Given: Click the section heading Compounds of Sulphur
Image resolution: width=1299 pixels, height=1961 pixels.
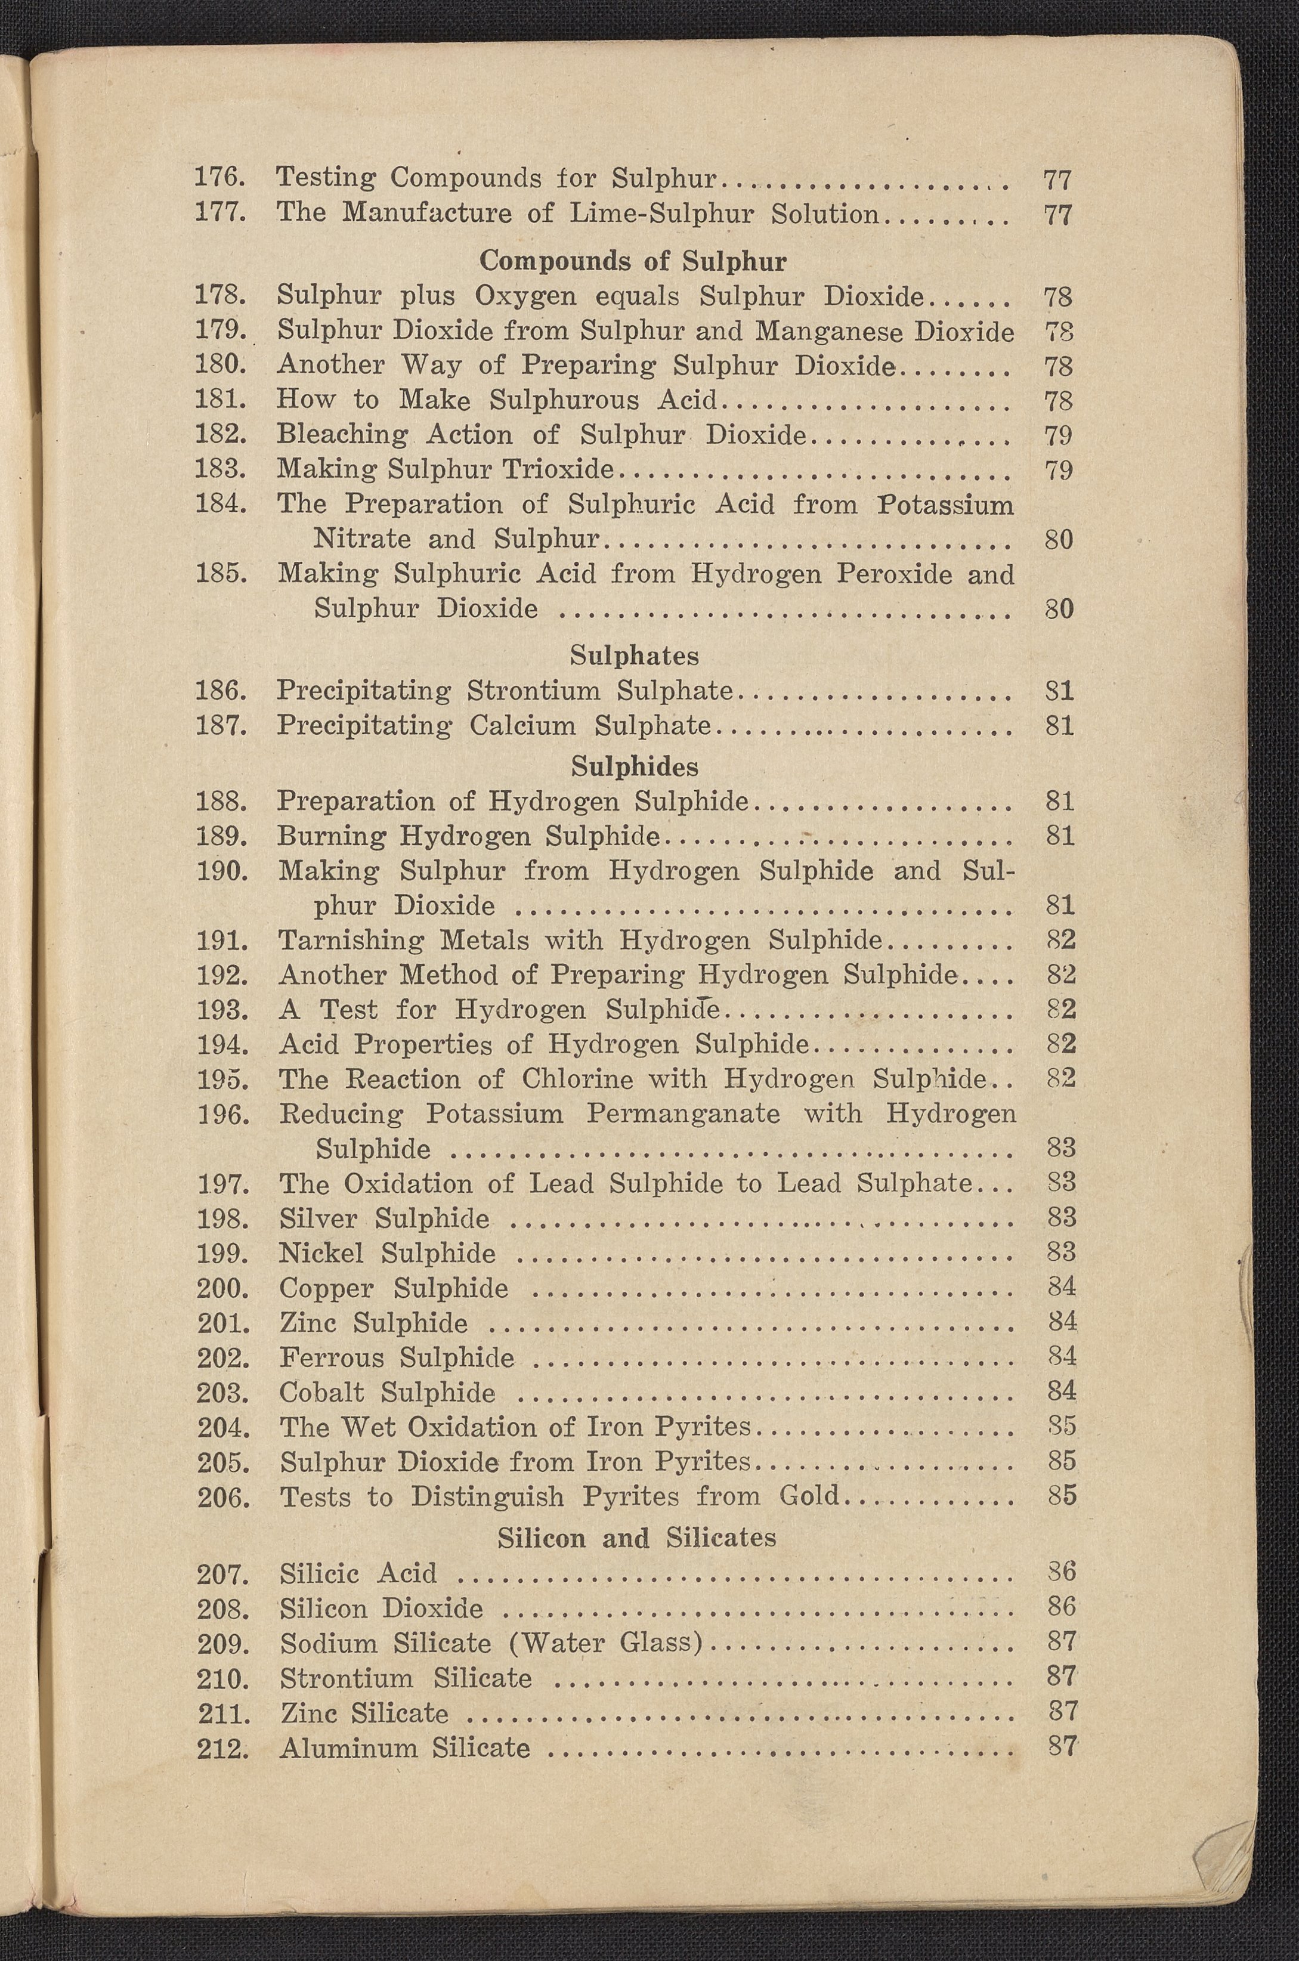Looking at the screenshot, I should (633, 261).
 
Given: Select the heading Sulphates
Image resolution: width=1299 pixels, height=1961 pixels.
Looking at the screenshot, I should (634, 655).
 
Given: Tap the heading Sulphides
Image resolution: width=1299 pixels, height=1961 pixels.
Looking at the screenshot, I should (635, 766).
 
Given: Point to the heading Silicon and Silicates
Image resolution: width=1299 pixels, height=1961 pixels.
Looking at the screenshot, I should (636, 1538).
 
